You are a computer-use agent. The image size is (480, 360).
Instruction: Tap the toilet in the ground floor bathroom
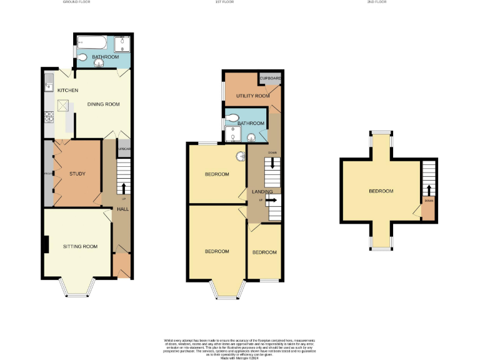(84, 57)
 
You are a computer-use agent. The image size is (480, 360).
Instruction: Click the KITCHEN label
(67, 91)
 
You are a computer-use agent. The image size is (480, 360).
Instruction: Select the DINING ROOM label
(103, 104)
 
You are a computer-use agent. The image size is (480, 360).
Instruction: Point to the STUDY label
(77, 174)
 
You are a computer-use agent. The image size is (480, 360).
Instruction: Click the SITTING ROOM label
(80, 247)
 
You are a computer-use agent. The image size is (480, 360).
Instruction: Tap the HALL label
(122, 209)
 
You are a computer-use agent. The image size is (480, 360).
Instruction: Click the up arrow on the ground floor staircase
(123, 187)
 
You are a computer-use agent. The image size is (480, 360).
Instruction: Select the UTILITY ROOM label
(252, 96)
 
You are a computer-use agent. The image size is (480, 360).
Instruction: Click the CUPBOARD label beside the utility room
(271, 79)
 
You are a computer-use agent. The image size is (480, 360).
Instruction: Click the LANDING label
(261, 192)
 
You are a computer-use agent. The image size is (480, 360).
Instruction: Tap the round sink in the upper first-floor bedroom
(240, 156)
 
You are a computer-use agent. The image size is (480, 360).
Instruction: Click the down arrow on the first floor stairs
(272, 164)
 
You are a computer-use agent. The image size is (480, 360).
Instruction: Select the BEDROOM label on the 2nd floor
(381, 191)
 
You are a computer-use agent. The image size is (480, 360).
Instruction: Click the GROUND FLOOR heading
(77, 2)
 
